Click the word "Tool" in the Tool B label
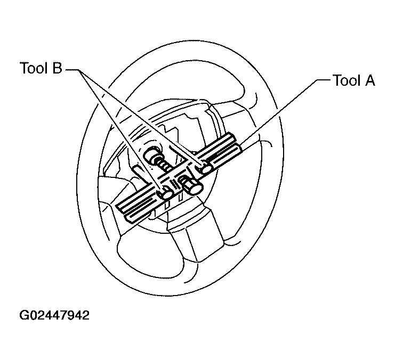(x=34, y=68)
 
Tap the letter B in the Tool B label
(x=57, y=68)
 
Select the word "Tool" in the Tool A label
(x=346, y=80)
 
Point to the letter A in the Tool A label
(x=369, y=80)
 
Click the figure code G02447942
(x=54, y=315)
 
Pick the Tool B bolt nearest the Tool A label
(x=206, y=167)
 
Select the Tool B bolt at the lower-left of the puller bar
(x=165, y=193)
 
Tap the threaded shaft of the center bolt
(x=164, y=165)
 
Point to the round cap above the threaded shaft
(x=152, y=154)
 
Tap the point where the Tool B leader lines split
(x=79, y=70)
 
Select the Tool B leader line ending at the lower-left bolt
(x=120, y=129)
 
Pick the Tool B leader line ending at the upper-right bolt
(x=141, y=117)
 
